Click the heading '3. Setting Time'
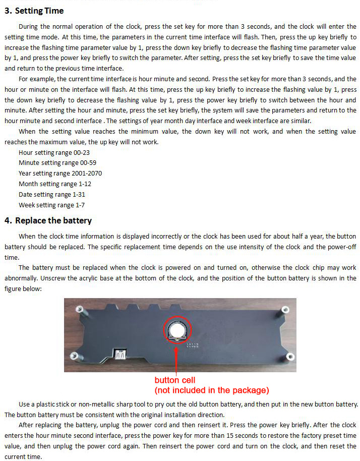34,11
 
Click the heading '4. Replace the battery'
48,220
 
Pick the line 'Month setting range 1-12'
55,184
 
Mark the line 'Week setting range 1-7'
52,205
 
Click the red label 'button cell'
174,380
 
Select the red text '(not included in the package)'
211,390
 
